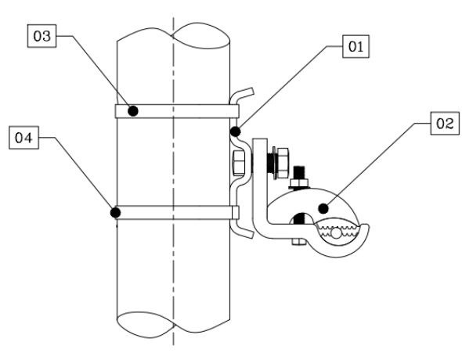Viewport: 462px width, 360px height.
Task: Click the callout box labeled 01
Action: point(356,46)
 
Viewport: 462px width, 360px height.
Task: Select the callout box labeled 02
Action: point(445,124)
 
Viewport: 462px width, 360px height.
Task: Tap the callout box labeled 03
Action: point(42,36)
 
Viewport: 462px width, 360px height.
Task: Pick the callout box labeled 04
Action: point(23,138)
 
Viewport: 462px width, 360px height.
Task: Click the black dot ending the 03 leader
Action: point(133,111)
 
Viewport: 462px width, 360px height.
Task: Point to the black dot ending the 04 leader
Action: point(116,213)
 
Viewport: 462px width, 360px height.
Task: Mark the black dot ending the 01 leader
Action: point(235,131)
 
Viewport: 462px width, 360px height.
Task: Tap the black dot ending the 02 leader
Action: point(323,208)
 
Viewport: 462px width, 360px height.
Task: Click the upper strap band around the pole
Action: point(177,111)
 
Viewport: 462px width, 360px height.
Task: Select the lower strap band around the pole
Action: point(177,213)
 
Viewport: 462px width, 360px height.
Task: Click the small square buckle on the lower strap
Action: point(235,213)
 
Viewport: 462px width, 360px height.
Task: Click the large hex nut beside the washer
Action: point(283,163)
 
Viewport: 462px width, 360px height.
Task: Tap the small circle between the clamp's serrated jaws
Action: point(336,233)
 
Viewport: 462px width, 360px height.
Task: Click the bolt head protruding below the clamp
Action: point(299,242)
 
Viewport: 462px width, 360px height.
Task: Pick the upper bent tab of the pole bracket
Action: point(242,95)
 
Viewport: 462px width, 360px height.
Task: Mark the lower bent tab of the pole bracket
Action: point(242,230)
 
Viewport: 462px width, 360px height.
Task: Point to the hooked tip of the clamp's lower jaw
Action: point(365,229)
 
